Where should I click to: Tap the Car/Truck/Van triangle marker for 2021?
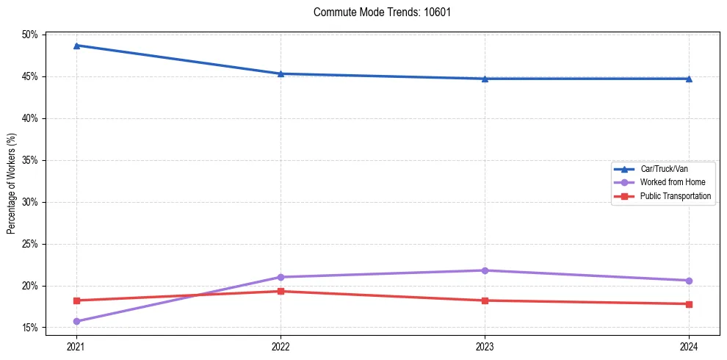point(76,46)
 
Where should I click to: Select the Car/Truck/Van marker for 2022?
point(281,73)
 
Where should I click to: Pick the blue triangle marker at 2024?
point(689,79)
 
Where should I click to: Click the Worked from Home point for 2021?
point(76,321)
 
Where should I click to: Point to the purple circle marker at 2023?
point(485,270)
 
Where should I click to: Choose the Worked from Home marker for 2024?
point(689,281)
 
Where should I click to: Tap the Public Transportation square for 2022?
point(281,291)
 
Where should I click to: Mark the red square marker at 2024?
point(689,304)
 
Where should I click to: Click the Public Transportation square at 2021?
point(76,300)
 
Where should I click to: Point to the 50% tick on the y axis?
point(31,35)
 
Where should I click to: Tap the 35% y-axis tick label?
point(31,160)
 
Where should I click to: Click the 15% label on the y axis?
point(31,328)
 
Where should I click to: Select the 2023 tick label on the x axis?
point(485,345)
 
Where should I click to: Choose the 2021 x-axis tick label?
point(76,345)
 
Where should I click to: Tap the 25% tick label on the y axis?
point(31,244)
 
